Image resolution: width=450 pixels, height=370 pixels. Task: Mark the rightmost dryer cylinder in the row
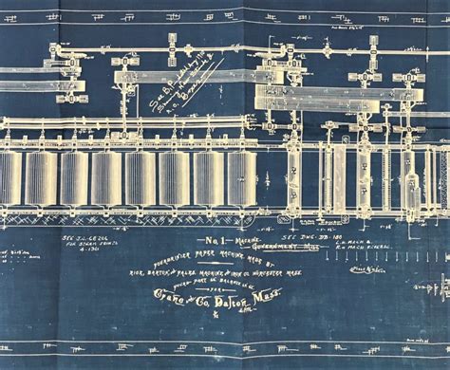(x=241, y=178)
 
